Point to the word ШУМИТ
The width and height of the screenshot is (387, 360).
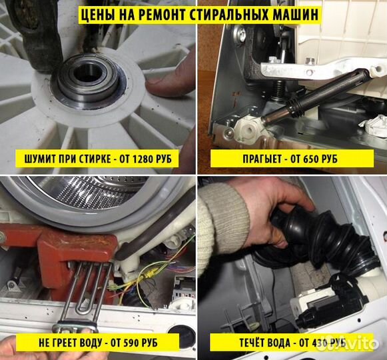pyautogui.click(x=41, y=159)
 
